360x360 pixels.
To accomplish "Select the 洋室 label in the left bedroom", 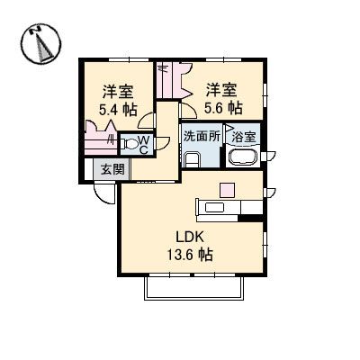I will [118, 91].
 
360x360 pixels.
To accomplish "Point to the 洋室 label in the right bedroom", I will [221, 89].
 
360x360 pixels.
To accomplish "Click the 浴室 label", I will [244, 138].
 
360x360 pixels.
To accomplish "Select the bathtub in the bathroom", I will [243, 157].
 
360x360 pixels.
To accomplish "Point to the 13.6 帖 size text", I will [191, 256].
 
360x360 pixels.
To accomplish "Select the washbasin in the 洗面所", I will [191, 159].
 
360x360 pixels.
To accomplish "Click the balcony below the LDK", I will [193, 286].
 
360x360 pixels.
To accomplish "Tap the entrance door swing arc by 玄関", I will [103, 193].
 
